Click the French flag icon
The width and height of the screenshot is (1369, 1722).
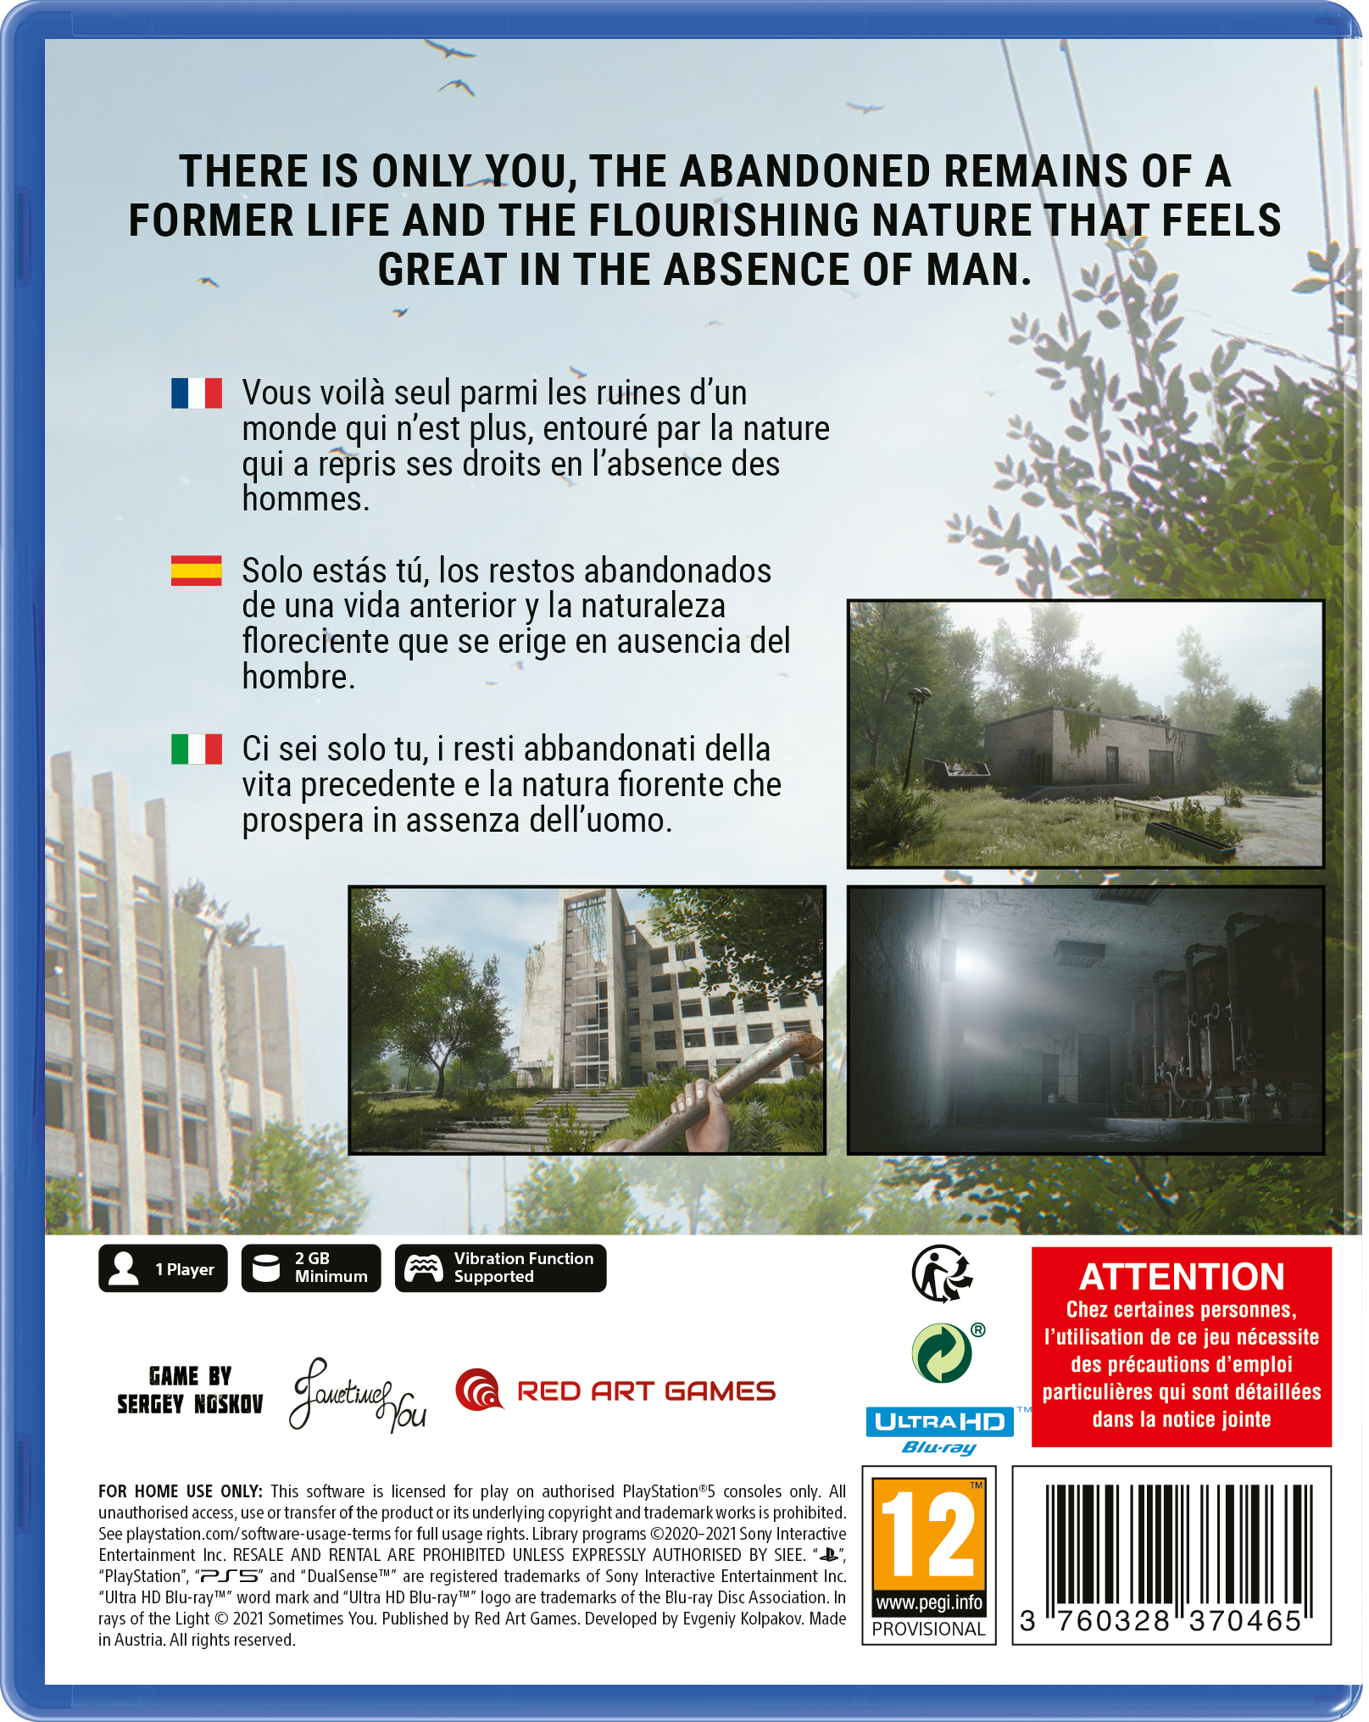(x=197, y=393)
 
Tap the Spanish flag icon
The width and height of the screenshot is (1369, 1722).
(x=197, y=571)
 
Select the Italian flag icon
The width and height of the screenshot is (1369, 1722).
(x=197, y=749)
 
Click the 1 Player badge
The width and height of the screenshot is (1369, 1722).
(x=163, y=1268)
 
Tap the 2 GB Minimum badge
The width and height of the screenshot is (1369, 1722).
(x=311, y=1268)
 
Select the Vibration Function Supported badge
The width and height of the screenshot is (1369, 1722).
(x=500, y=1268)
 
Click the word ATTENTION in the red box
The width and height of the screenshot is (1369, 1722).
(x=1182, y=1277)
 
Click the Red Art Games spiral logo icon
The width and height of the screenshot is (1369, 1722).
(x=479, y=1390)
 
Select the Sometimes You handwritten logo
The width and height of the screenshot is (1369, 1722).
(x=358, y=1395)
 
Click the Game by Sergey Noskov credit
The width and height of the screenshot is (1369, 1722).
(x=190, y=1390)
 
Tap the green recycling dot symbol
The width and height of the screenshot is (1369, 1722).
(x=942, y=1353)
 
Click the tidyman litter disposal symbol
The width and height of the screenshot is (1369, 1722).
(x=942, y=1273)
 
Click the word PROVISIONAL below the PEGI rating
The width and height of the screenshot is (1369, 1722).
(x=928, y=1629)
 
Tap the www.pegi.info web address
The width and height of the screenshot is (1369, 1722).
(x=928, y=1602)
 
